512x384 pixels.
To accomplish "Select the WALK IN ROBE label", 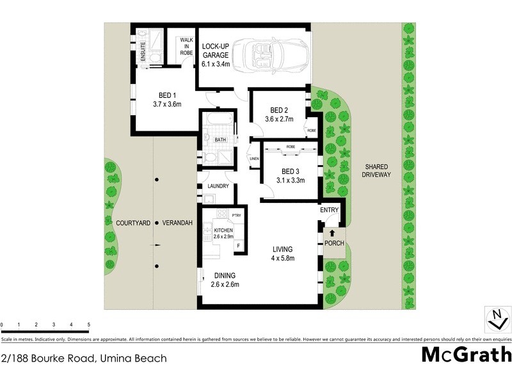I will coord(186,46).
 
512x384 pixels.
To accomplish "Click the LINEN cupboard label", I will coord(254,158).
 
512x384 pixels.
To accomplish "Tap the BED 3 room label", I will coord(290,171).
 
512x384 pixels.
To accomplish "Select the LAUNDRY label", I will coord(218,186).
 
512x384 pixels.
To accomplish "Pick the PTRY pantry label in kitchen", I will coord(236,216).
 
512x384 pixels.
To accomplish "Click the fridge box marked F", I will coord(238,245).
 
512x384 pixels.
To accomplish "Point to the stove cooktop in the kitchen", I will coord(223,214).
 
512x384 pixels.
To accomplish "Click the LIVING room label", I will coord(282,249).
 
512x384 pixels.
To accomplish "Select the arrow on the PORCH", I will coord(332,233).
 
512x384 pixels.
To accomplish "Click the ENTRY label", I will coord(330,210).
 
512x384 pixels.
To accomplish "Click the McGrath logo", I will coord(467,354).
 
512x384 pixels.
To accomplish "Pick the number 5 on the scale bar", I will coord(88,325).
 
